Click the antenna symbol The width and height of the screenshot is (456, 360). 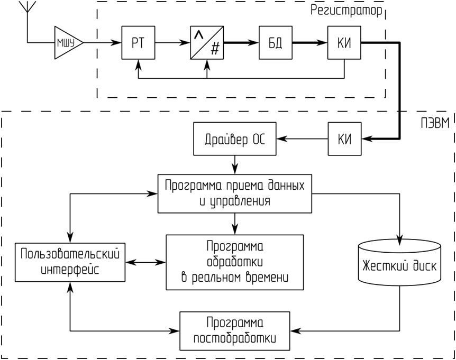tap(27, 7)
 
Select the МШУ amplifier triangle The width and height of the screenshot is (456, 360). tap(69, 43)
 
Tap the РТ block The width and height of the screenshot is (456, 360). tap(138, 43)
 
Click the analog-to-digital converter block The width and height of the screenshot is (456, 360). tap(207, 43)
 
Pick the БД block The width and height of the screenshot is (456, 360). tap(276, 43)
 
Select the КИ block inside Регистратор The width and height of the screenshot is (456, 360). tap(344, 43)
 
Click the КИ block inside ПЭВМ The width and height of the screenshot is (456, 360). tap(344, 139)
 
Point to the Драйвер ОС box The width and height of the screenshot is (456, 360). tap(235, 139)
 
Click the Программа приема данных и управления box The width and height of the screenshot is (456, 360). tap(235, 194)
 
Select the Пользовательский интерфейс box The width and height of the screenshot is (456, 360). tap(70, 262)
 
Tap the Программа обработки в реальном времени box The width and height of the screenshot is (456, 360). tap(235, 262)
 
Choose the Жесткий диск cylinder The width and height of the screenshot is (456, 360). tap(399, 262)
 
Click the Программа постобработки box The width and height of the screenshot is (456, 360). tap(235, 331)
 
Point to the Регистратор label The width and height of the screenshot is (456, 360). tap(346, 11)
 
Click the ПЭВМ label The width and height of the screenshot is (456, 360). tap(435, 123)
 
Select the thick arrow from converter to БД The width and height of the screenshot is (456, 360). tap(241, 43)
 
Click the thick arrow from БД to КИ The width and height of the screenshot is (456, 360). tap(310, 43)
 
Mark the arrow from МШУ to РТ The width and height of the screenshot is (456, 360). tap(103, 43)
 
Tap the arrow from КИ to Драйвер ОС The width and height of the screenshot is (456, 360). tap(302, 139)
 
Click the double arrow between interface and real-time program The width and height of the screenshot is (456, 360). tap(145, 262)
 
